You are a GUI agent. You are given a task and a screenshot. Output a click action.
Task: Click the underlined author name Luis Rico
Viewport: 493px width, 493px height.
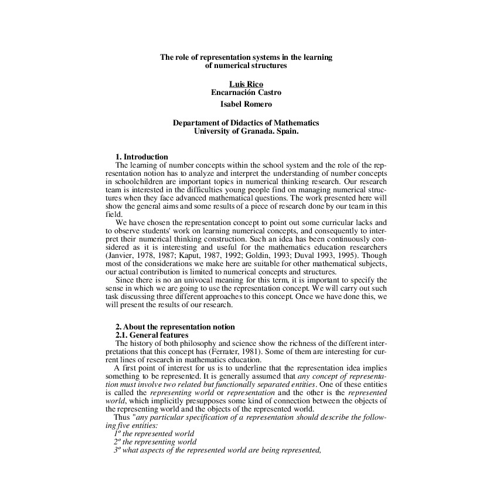[x=246, y=84]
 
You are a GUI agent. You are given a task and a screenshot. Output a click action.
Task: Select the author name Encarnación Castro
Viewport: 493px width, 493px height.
[x=246, y=92]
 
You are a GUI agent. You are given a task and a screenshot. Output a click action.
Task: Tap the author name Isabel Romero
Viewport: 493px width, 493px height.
[x=246, y=104]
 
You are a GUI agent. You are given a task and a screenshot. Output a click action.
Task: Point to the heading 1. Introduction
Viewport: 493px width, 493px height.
[x=141, y=157]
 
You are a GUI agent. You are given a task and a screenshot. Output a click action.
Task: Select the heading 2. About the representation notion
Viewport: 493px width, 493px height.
[x=175, y=327]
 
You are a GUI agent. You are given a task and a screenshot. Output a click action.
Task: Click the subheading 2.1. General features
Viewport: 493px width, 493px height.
[x=151, y=335]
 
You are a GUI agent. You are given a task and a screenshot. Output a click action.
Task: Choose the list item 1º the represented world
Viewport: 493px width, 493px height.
[x=154, y=433]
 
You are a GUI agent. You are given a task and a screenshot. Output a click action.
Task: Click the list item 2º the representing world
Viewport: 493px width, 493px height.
[x=155, y=441]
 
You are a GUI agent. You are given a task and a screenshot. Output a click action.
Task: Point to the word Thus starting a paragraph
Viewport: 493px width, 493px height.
[x=123, y=417]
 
